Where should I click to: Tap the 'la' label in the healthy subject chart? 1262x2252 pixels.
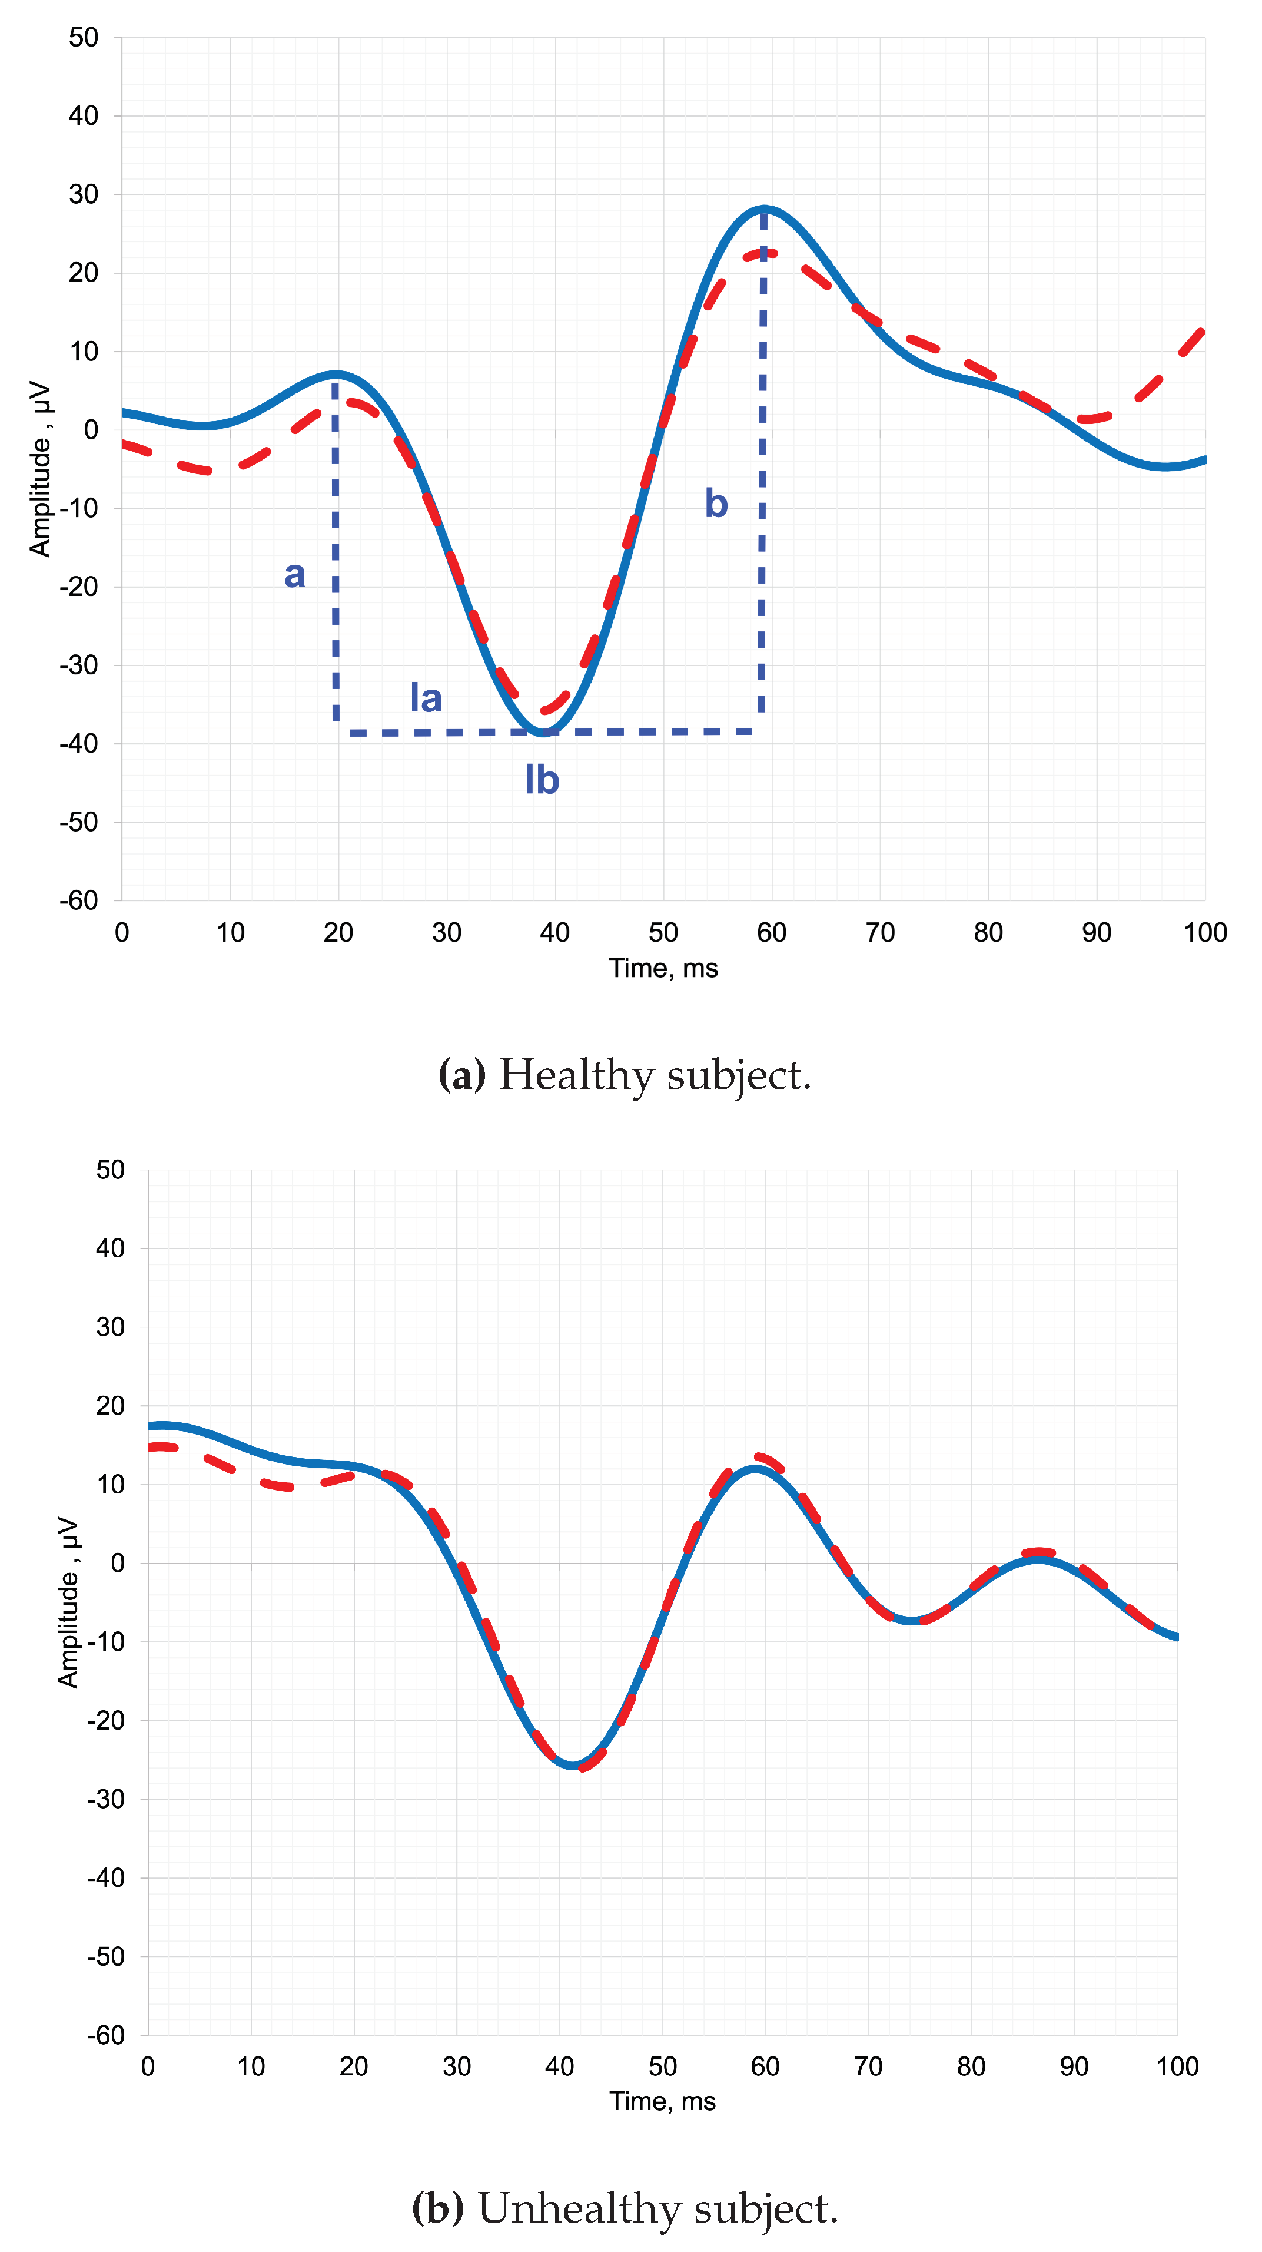[426, 698]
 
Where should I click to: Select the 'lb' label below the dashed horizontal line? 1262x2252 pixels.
[542, 780]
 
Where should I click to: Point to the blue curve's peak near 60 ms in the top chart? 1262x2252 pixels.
[765, 208]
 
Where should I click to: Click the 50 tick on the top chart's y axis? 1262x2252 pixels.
[84, 38]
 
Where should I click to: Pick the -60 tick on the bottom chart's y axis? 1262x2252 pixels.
[106, 2035]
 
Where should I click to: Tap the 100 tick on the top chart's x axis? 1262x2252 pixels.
[1204, 933]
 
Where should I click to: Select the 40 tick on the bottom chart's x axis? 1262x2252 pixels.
[559, 2066]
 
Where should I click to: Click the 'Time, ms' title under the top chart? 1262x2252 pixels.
[663, 969]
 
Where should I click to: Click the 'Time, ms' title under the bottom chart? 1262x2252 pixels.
[662, 2102]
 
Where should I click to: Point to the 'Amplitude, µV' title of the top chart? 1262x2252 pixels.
[40, 469]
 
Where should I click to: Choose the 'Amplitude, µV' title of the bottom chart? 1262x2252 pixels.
[68, 1602]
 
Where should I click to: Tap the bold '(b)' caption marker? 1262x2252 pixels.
[437, 2208]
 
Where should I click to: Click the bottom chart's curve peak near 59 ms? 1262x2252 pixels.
[755, 1469]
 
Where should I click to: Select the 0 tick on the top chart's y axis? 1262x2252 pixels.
[91, 430]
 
